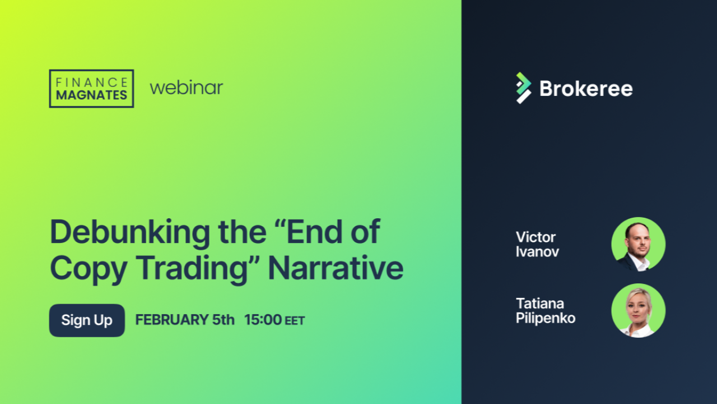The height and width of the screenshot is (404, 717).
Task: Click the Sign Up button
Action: pos(87,320)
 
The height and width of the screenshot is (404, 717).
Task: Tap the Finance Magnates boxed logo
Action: pos(91,89)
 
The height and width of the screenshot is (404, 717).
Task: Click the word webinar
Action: pos(187,88)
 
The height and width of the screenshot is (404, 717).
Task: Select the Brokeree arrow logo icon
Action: pos(524,88)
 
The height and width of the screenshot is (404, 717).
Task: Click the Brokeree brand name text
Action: pos(586,89)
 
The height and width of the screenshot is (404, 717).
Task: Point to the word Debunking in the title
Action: pos(130,232)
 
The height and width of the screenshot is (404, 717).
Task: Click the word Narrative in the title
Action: pos(336,268)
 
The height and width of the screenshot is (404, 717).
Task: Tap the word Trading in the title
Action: pos(194,269)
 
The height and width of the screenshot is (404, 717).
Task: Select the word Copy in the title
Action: pos(89,270)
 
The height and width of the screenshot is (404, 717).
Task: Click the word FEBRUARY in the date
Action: pos(172,320)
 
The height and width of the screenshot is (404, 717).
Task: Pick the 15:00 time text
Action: pos(263,320)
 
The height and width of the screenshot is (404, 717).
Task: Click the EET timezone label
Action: pos(295,320)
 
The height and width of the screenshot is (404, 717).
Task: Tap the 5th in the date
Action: pos(224,320)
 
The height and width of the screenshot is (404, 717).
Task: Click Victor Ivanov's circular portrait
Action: pos(638,244)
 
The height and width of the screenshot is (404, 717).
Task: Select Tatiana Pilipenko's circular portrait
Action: pos(638,310)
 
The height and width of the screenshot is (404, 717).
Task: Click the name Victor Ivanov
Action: pos(537,244)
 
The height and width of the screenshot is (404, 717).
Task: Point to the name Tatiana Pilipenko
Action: pos(546,311)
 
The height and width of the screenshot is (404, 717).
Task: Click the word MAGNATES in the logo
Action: pos(91,95)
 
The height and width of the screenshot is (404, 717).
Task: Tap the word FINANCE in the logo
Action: pos(91,82)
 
